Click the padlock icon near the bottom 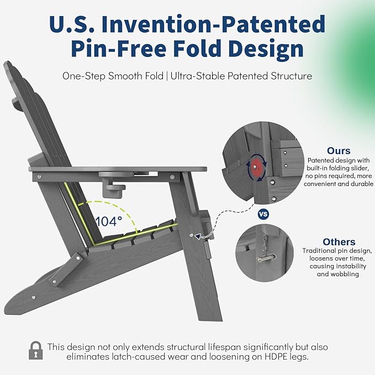tap(36, 350)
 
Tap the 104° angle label tap(109, 221)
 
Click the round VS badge tap(263, 214)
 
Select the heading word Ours tap(339, 151)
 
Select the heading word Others tap(339, 242)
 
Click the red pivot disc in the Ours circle tap(256, 167)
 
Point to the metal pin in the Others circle tap(266, 258)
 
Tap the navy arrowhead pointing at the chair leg tap(198, 237)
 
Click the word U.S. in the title tap(72, 24)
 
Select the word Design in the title tap(266, 49)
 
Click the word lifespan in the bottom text tap(224, 347)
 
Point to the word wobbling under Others tap(337, 274)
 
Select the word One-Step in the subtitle tap(84, 76)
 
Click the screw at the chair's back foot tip tap(34, 298)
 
